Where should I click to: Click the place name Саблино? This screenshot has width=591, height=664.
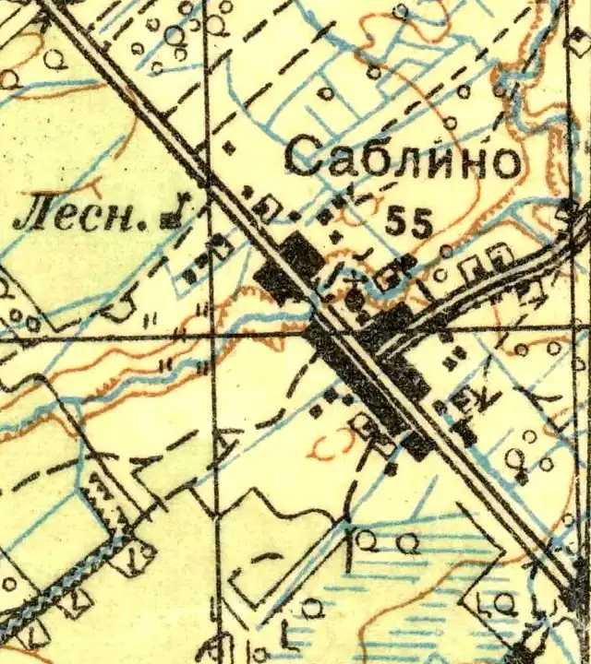click(402, 158)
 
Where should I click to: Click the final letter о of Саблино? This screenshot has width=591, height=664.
click(501, 162)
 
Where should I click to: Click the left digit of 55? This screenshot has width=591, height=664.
click(397, 222)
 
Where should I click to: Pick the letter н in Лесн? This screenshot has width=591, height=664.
click(127, 219)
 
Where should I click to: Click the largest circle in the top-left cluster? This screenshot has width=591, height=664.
click(174, 35)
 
